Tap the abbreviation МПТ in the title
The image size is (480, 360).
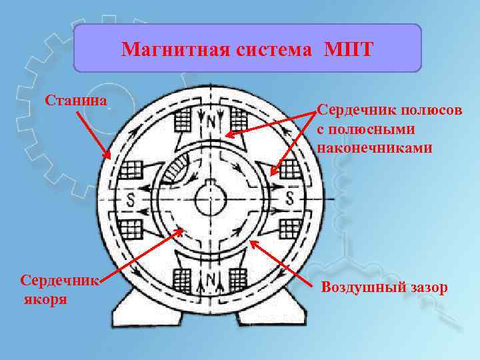351,50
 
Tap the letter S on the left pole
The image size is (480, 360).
131,199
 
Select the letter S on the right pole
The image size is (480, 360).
290,198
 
